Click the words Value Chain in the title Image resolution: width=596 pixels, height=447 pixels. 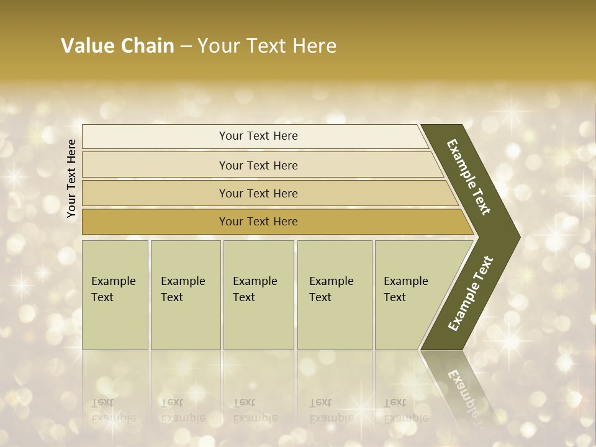[117, 46]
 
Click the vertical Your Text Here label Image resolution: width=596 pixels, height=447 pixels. [71, 178]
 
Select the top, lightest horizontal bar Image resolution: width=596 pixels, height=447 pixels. [155, 137]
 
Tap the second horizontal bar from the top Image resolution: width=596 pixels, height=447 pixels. [155, 165]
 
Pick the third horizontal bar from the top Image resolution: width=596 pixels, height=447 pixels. [155, 193]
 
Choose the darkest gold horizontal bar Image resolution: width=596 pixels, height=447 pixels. [155, 222]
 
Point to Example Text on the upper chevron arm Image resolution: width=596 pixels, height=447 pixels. [469, 177]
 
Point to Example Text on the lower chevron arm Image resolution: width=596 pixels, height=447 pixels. [470, 293]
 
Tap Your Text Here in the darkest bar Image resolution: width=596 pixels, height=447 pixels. [258, 222]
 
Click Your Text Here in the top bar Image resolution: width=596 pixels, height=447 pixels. [258, 136]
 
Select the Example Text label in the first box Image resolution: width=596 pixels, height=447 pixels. [113, 289]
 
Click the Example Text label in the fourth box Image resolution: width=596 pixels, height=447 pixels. [331, 289]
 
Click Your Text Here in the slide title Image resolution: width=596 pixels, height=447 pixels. [267, 46]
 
